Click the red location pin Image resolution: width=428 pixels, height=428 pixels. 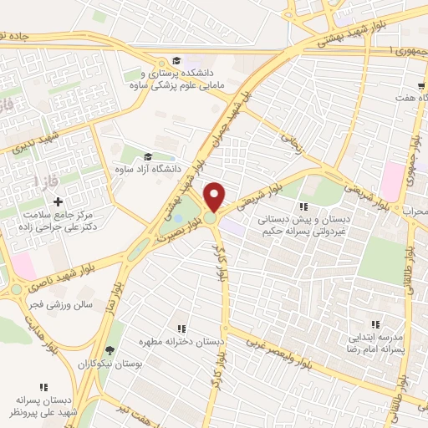pyautogui.click(x=215, y=196)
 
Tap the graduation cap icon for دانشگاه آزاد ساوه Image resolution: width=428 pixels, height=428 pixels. pyautogui.click(x=148, y=156)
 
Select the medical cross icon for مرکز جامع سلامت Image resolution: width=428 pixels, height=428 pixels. pyautogui.click(x=58, y=201)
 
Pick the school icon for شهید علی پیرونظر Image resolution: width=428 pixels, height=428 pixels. pyautogui.click(x=43, y=386)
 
